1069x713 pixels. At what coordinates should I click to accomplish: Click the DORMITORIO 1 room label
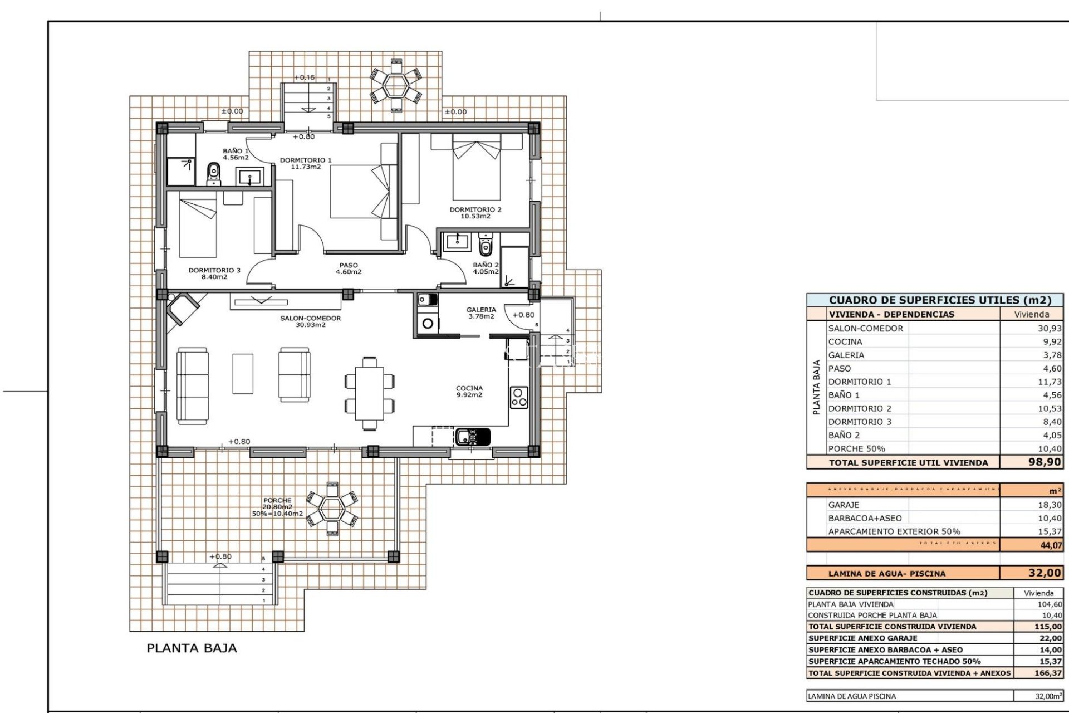click(306, 163)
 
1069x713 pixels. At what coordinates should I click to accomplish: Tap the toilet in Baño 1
click(213, 174)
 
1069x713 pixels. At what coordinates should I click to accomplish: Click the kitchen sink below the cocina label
click(473, 436)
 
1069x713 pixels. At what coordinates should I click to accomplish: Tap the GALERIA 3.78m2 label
click(481, 313)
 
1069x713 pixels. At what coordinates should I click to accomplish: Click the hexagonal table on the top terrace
click(396, 85)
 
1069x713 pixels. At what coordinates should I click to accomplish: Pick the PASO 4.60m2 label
click(349, 268)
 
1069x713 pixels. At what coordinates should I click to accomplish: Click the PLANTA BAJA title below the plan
click(192, 648)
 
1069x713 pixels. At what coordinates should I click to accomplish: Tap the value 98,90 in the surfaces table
click(1044, 462)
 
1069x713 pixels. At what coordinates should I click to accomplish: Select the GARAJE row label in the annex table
click(844, 505)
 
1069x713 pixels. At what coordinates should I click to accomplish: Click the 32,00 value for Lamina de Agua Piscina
click(1044, 573)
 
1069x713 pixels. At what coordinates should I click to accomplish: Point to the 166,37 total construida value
click(1048, 673)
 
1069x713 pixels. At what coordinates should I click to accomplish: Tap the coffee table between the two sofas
click(243, 373)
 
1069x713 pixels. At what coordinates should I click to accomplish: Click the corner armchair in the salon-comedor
click(183, 308)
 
